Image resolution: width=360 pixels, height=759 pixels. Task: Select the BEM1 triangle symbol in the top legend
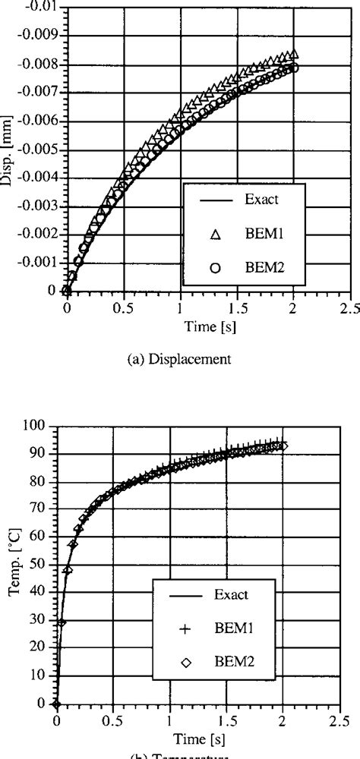tap(215, 236)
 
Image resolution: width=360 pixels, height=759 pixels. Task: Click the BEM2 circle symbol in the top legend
tap(215, 267)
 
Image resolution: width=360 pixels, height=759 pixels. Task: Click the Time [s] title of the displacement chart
tap(207, 325)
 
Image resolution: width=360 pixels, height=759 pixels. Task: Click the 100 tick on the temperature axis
tap(38, 426)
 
